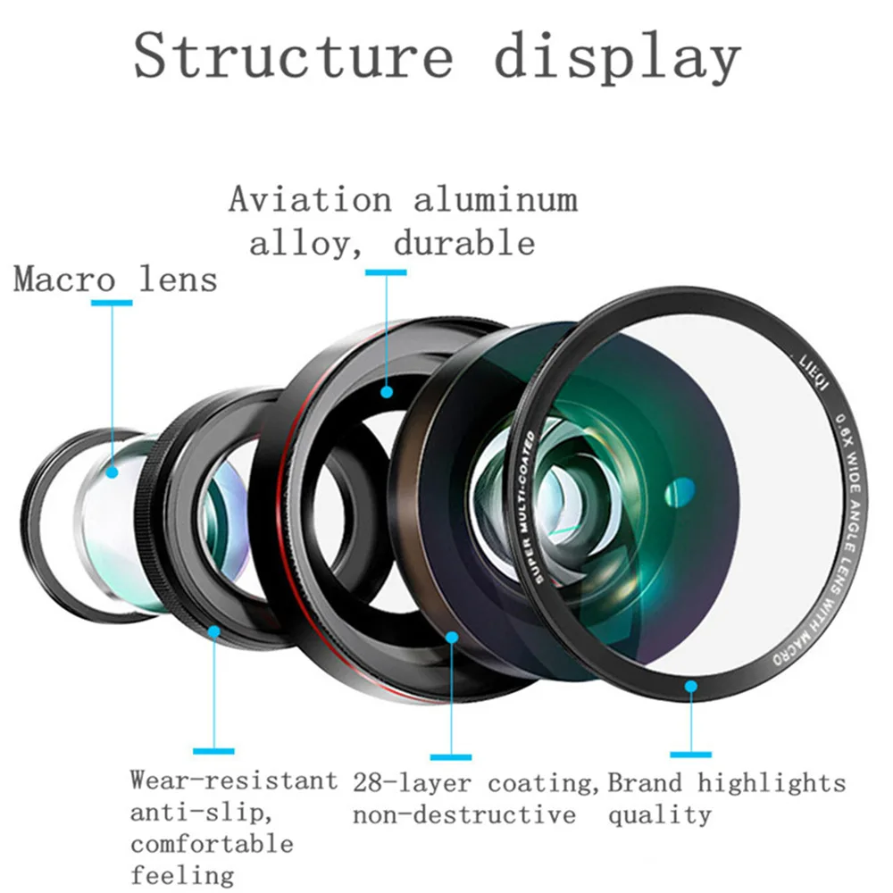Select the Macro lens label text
[115, 280]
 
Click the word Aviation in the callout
[311, 199]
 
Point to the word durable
[464, 243]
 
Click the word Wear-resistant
[233, 780]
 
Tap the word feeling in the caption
[182, 875]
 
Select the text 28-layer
[412, 783]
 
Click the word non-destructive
[464, 814]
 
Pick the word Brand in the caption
[645, 783]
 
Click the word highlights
[772, 784]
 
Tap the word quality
[660, 815]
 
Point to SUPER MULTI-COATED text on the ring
[529, 507]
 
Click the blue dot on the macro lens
[113, 472]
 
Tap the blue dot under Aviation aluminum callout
[387, 392]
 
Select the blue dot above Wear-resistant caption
[214, 631]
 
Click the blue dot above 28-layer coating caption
[452, 638]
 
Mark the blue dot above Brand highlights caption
[691, 686]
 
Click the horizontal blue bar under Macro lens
[112, 303]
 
